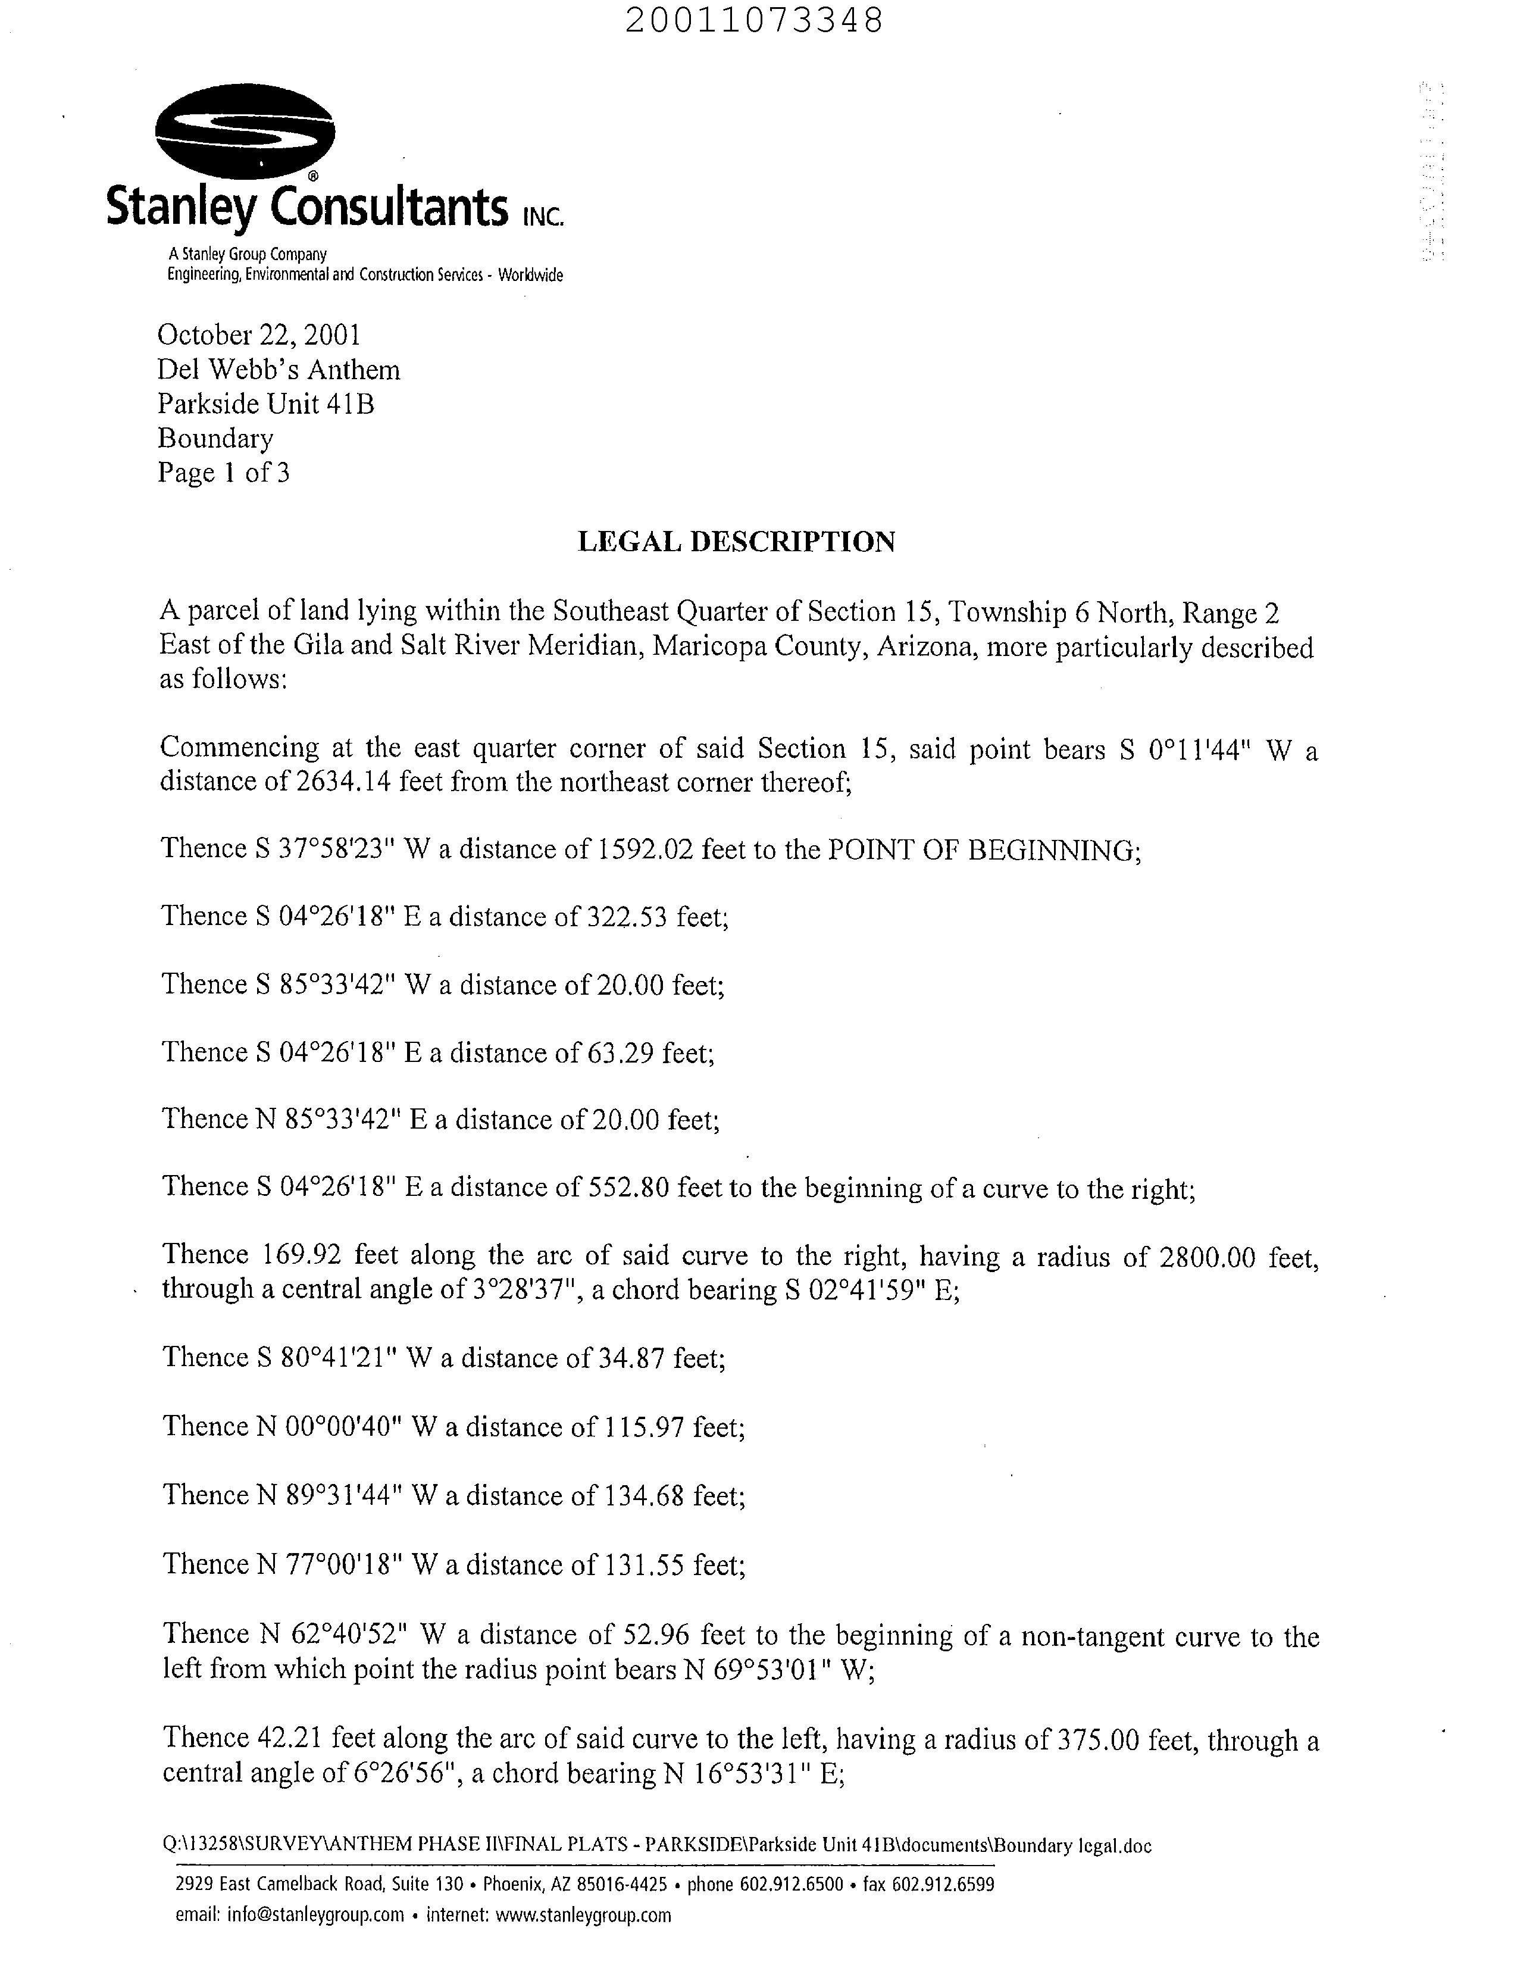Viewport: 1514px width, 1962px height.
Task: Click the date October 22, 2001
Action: click(259, 335)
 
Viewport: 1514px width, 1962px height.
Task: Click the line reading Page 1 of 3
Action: click(224, 473)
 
